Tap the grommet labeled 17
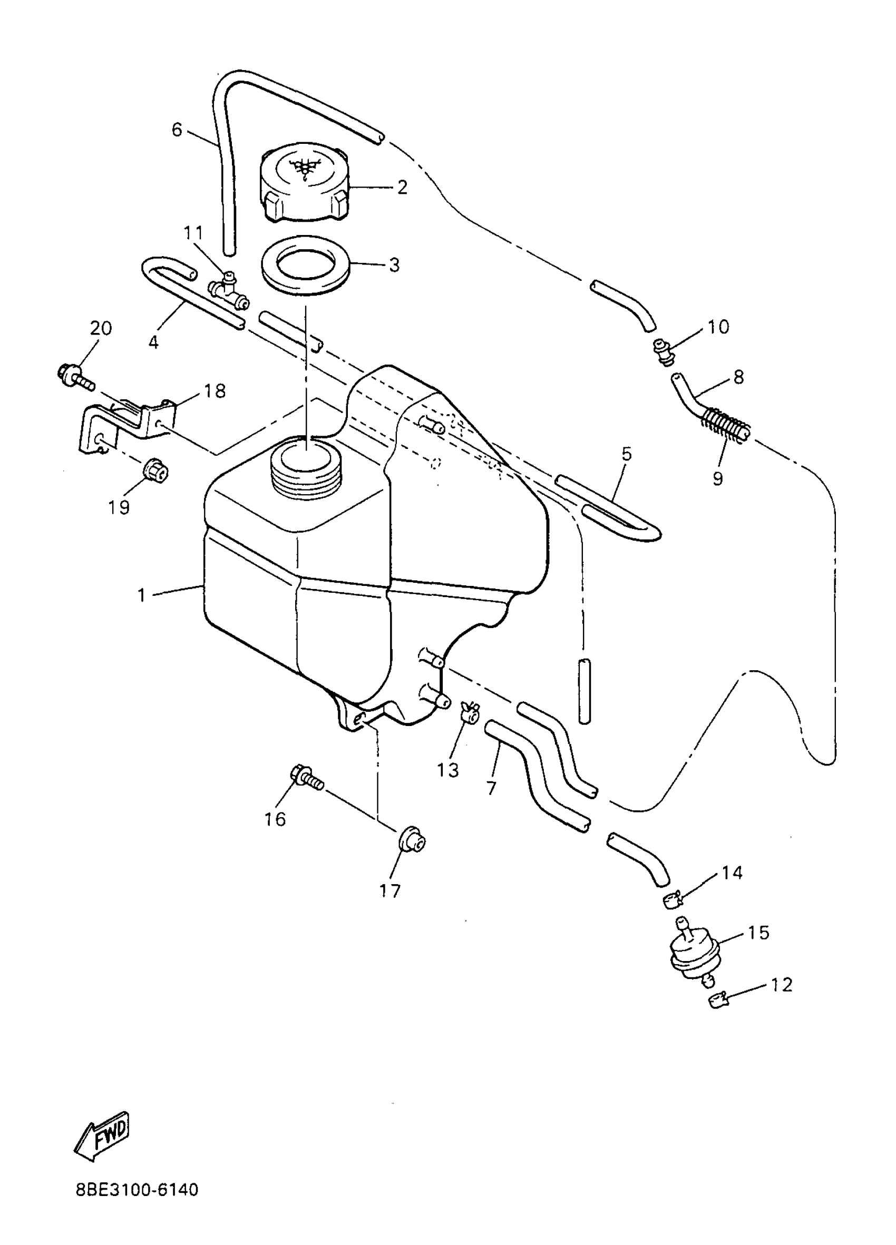pos(411,840)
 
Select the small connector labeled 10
pos(664,351)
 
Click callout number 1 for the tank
pos(142,595)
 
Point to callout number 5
pos(627,454)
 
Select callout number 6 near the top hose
pos(177,130)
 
